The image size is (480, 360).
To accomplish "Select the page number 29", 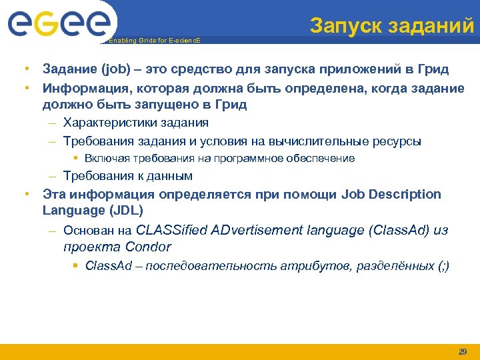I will (x=463, y=351).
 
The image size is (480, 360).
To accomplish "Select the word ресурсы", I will (x=397, y=141).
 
